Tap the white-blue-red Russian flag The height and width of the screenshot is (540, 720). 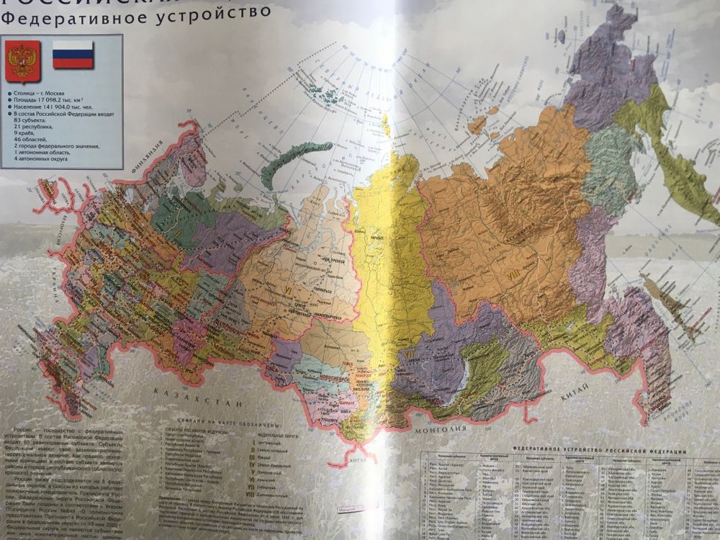[73, 55]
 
